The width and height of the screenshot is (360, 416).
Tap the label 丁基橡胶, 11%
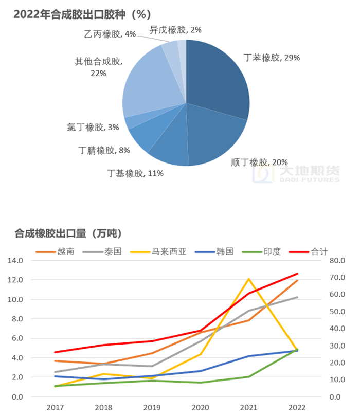click(135, 173)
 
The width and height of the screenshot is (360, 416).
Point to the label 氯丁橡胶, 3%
click(93, 126)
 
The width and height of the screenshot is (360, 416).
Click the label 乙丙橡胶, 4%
click(110, 34)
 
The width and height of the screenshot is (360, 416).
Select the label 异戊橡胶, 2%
click(175, 30)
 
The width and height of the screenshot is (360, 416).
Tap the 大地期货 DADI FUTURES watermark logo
click(296, 174)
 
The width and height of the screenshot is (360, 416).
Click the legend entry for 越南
click(54, 251)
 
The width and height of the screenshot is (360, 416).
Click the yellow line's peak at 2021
click(249, 279)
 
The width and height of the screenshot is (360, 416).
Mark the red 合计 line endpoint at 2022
click(298, 274)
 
